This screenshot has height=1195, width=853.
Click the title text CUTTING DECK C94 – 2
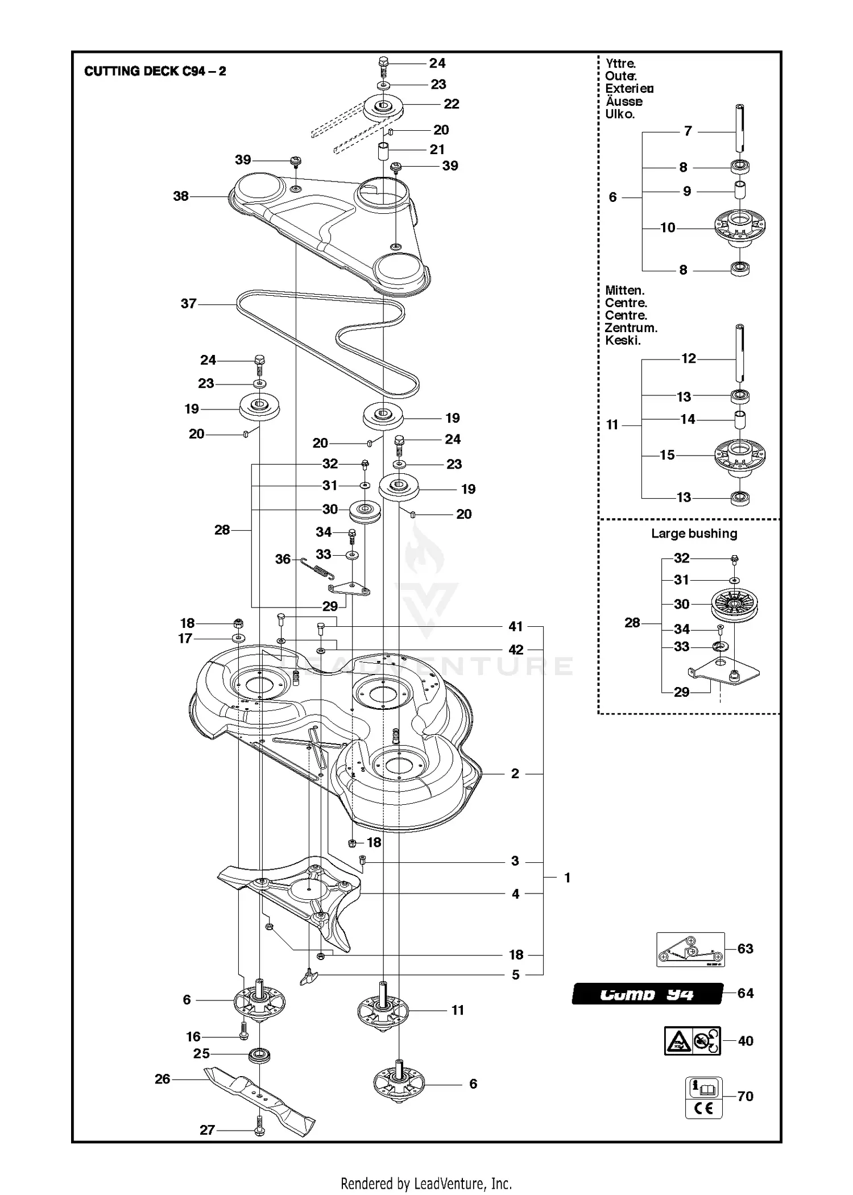[x=155, y=71]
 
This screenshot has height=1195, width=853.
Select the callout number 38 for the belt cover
[x=181, y=196]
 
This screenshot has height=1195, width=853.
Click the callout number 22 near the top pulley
[x=452, y=104]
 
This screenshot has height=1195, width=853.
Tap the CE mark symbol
[x=703, y=1108]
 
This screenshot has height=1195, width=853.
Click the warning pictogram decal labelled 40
[x=692, y=1041]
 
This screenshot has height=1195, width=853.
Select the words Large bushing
[x=694, y=534]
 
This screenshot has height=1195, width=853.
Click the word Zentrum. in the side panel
[x=631, y=328]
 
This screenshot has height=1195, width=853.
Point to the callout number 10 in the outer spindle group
[x=668, y=228]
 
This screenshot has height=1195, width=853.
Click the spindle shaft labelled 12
[x=739, y=353]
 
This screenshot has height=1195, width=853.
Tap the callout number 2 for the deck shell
[x=515, y=774]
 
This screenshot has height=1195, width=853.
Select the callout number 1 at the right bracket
[x=567, y=878]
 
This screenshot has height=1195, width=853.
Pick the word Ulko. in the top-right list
[x=619, y=114]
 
